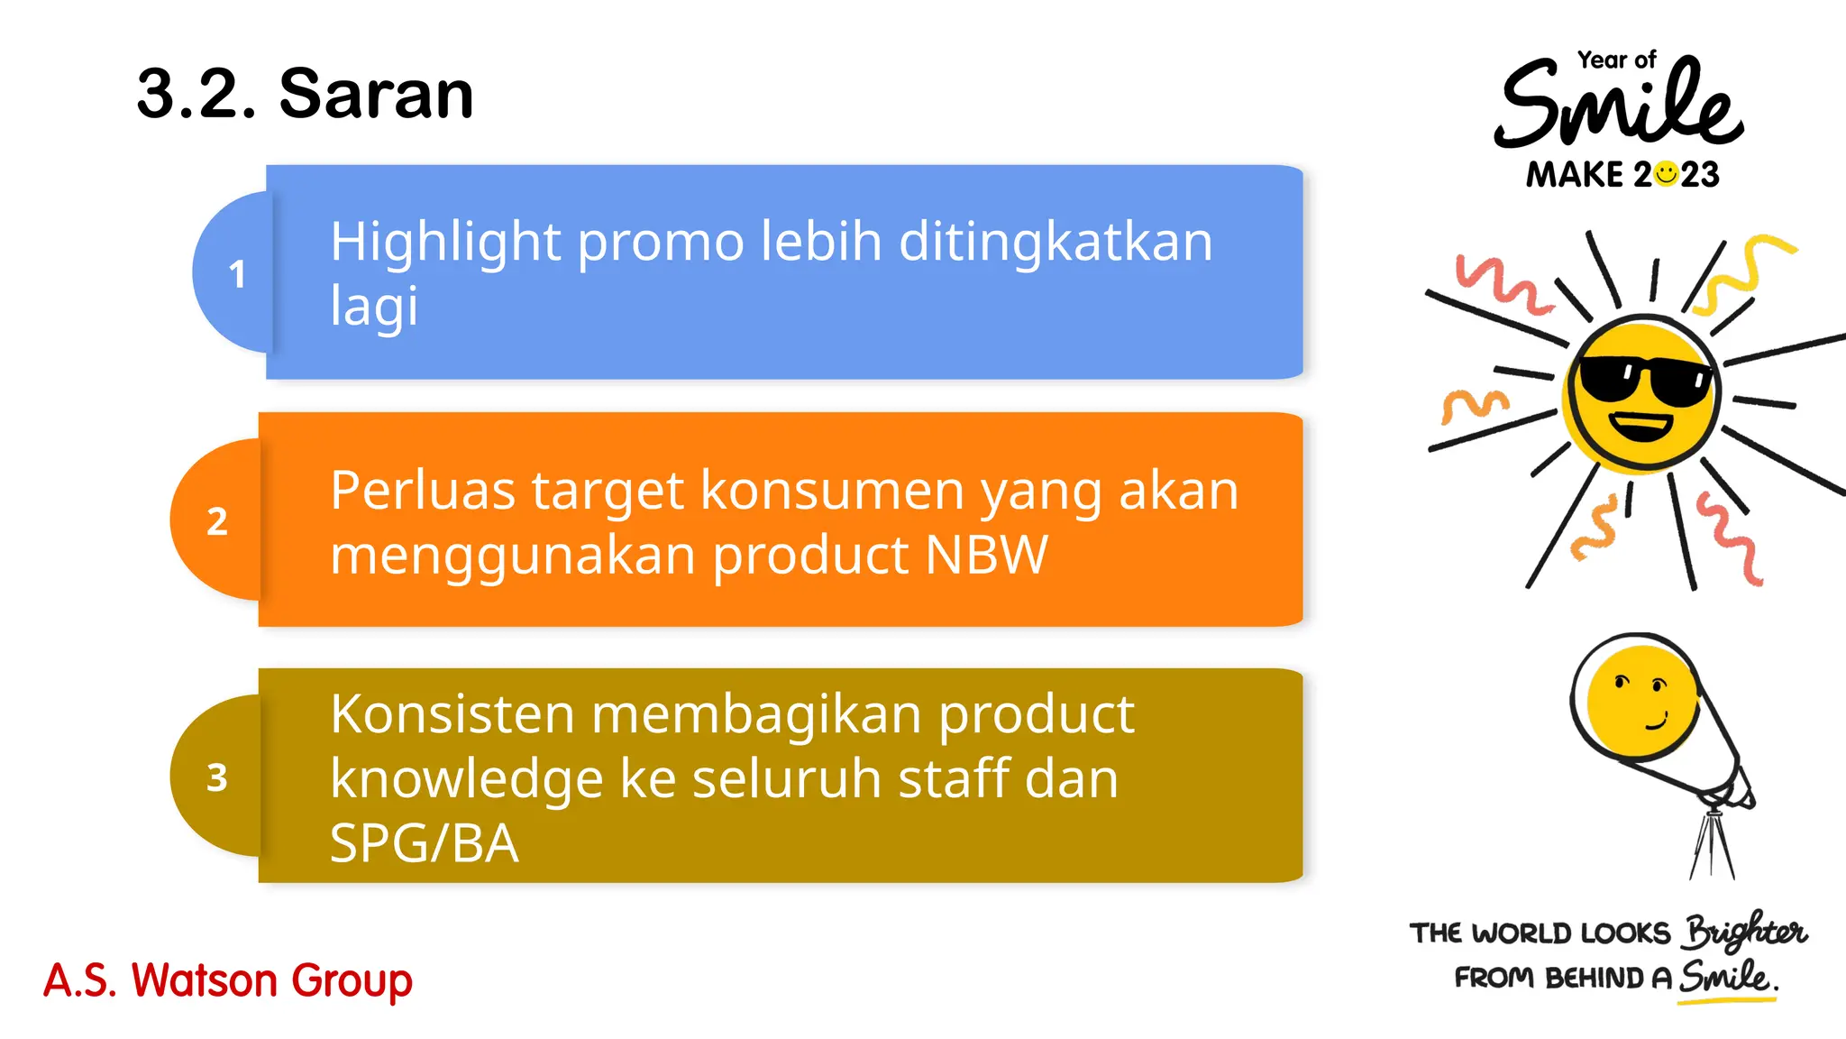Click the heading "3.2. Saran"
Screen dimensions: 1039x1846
pyautogui.click(x=305, y=94)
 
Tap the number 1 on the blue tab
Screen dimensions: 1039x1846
pyautogui.click(x=237, y=274)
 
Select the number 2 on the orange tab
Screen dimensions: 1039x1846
pyautogui.click(x=217, y=521)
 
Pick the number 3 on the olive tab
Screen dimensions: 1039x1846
pyautogui.click(x=217, y=777)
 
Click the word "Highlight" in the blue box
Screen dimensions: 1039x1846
pyautogui.click(x=446, y=243)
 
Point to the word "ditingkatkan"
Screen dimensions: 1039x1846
pyautogui.click(x=1056, y=243)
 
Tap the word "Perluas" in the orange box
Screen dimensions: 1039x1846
pyautogui.click(x=423, y=492)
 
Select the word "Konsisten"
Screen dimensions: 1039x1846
pyautogui.click(x=452, y=714)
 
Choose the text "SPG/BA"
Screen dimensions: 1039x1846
pyautogui.click(x=424, y=843)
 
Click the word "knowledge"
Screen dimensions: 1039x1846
pyautogui.click(x=466, y=778)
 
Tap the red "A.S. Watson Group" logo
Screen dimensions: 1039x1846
pyautogui.click(x=228, y=980)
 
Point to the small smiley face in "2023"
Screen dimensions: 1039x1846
pyautogui.click(x=1667, y=173)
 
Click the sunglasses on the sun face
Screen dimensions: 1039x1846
pyautogui.click(x=1645, y=379)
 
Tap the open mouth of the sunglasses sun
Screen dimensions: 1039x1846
pyautogui.click(x=1641, y=425)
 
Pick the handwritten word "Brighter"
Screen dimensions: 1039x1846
pyautogui.click(x=1744, y=932)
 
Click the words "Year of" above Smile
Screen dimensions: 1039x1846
pyautogui.click(x=1616, y=60)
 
